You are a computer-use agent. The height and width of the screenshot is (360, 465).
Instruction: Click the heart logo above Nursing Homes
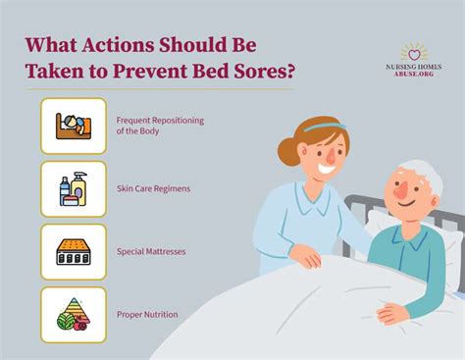tap(414, 51)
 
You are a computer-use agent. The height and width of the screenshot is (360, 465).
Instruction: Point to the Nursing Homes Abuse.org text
tap(414, 72)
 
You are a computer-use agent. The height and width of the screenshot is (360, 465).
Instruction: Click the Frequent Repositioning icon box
tap(74, 126)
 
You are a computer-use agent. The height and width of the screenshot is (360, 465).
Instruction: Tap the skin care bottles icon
tap(74, 188)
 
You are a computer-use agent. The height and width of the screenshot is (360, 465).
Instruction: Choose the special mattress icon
tap(74, 251)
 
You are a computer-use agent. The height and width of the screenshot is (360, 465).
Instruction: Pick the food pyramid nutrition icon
tap(74, 314)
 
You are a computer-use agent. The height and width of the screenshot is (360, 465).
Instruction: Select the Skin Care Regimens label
tap(153, 188)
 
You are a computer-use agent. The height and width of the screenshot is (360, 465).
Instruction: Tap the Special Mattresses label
tap(151, 251)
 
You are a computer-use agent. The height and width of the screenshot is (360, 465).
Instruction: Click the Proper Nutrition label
tap(147, 314)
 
